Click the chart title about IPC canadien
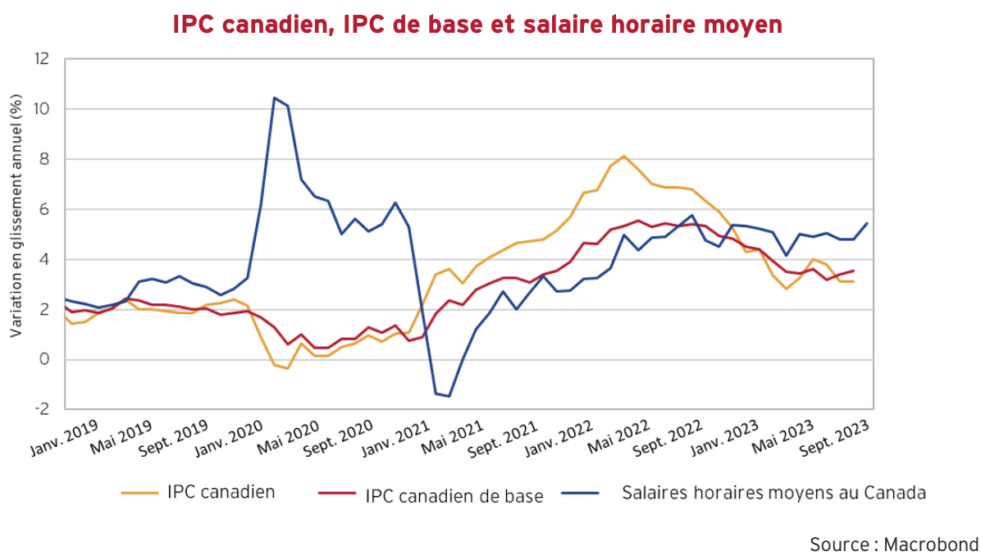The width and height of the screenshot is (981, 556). [477, 24]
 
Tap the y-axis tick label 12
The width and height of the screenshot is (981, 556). [43, 59]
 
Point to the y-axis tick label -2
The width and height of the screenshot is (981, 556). [43, 409]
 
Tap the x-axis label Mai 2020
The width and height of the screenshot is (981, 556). [286, 432]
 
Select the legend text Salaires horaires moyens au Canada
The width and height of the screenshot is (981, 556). [773, 493]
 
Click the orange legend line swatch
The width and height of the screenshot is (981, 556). [139, 493]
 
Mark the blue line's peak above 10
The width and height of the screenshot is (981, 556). [274, 98]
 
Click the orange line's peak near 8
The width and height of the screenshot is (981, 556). [623, 156]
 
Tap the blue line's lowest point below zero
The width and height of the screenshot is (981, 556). [449, 396]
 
